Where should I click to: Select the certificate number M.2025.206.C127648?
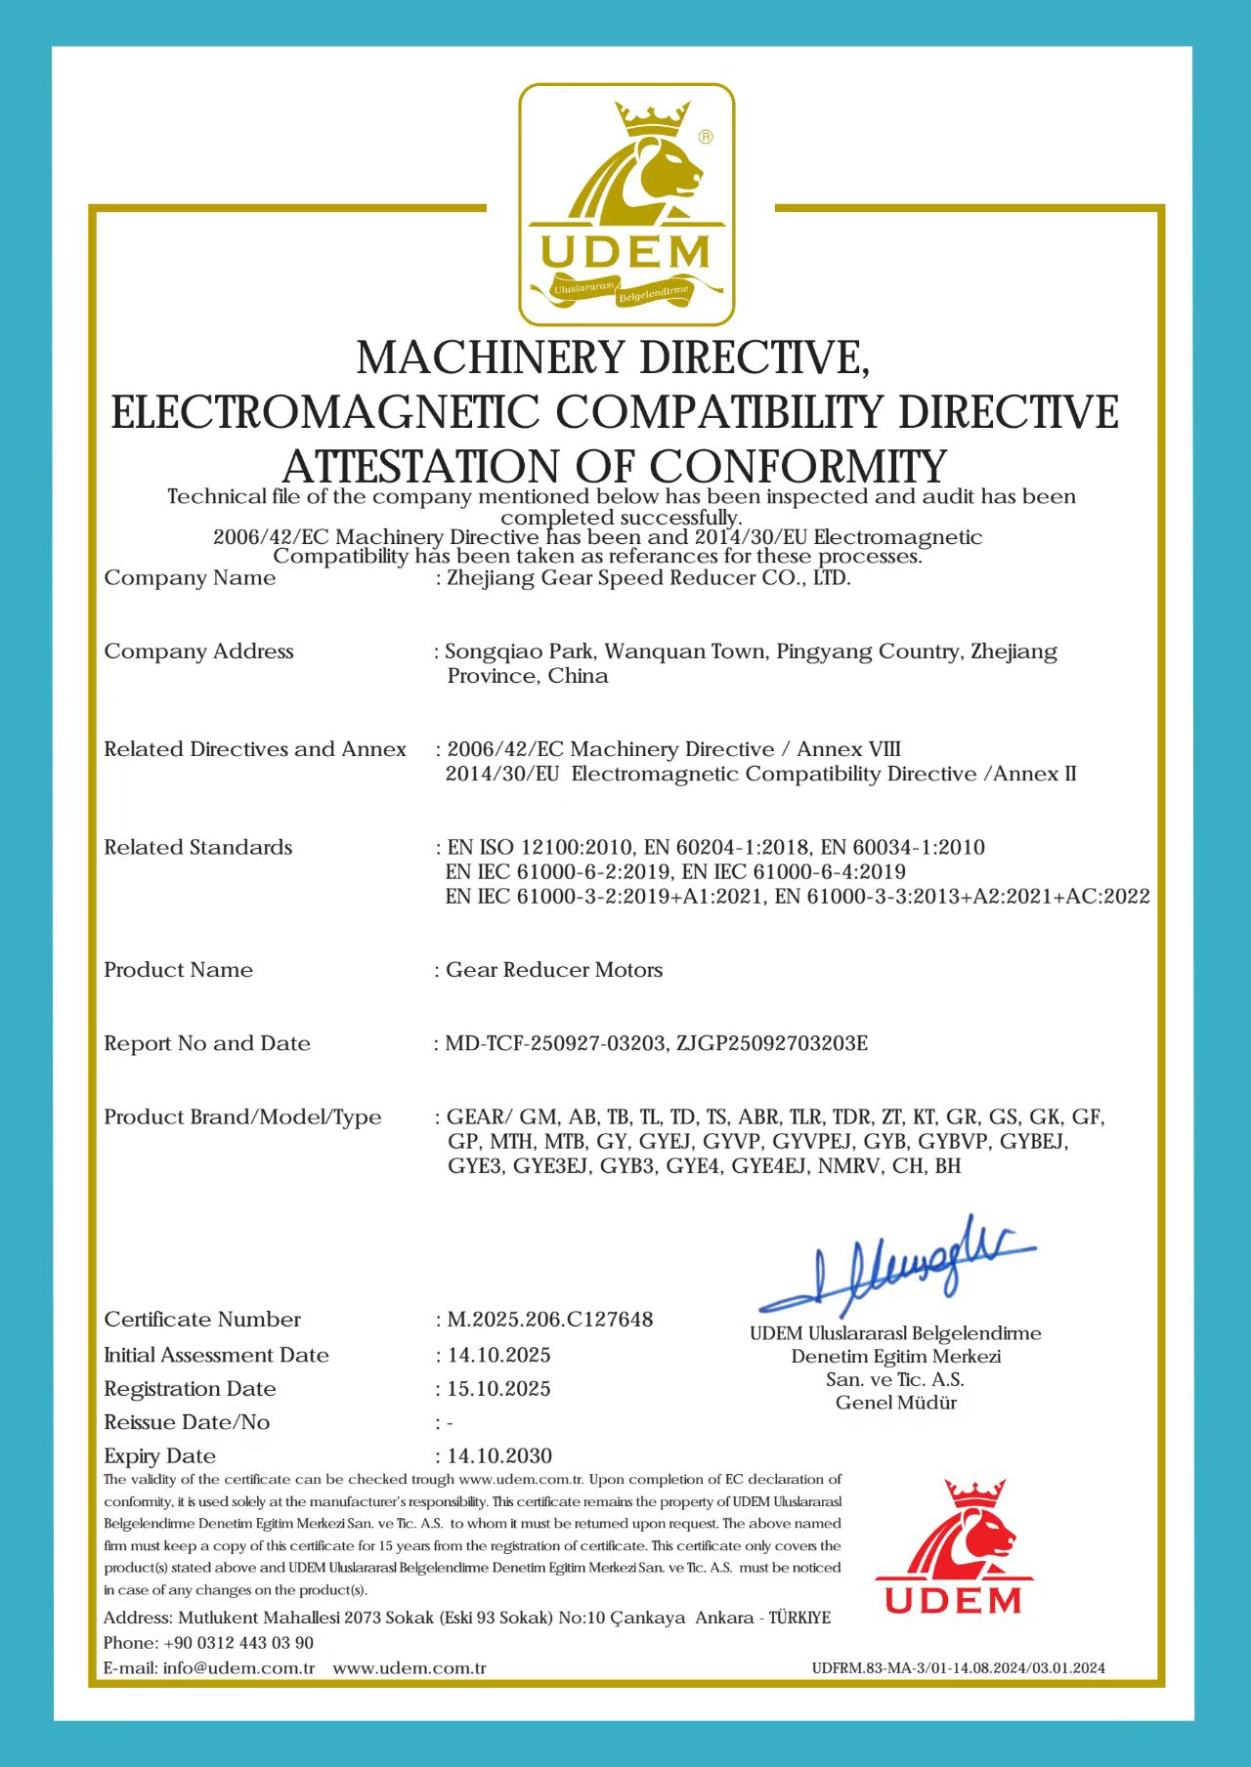click(x=550, y=1320)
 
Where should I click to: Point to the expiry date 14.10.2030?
click(x=499, y=1455)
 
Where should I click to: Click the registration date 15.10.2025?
click(x=499, y=1389)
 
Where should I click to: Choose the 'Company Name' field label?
click(x=190, y=578)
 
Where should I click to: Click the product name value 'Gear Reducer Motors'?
click(x=554, y=970)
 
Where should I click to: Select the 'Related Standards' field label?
click(x=198, y=848)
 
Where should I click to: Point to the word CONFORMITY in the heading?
click(x=798, y=466)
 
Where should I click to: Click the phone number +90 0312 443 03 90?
click(x=238, y=1643)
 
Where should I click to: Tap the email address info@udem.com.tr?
click(x=238, y=1668)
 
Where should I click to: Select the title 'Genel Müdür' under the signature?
click(x=895, y=1403)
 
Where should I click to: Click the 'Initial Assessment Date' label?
click(x=216, y=1355)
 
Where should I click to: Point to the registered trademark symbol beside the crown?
click(x=706, y=138)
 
